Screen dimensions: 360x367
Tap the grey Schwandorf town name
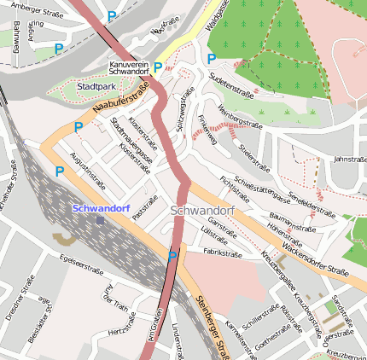click(x=201, y=210)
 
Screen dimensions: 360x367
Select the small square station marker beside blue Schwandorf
click(x=100, y=220)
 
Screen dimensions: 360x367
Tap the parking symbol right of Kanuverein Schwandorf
click(x=158, y=67)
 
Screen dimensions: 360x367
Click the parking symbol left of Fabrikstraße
click(x=172, y=255)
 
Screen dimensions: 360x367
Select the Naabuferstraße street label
click(x=119, y=100)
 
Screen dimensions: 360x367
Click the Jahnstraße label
click(x=349, y=159)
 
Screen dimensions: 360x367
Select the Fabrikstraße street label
click(x=224, y=253)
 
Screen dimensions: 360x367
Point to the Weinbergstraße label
click(x=240, y=117)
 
